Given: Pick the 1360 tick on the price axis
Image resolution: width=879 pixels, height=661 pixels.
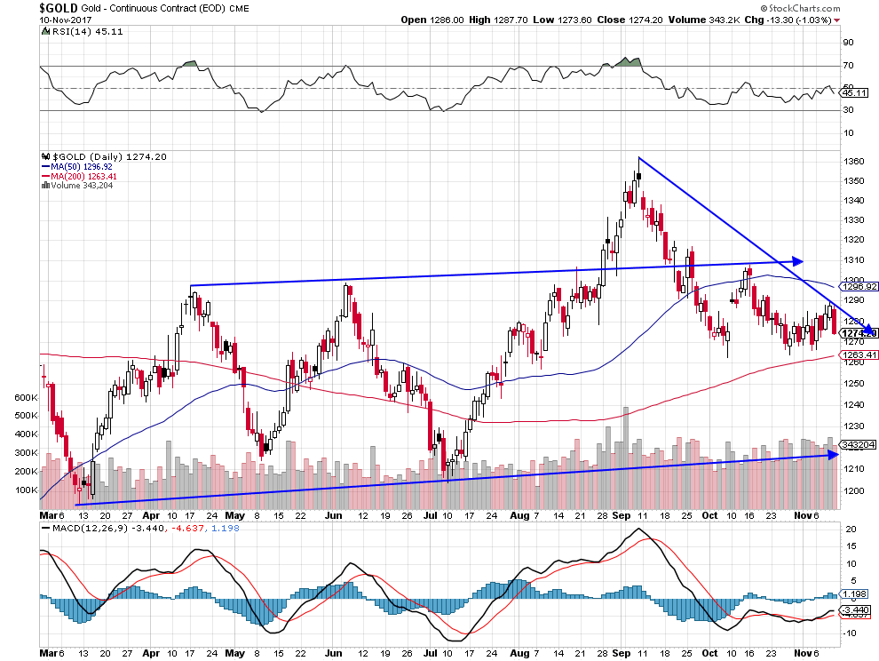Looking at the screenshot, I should [854, 162].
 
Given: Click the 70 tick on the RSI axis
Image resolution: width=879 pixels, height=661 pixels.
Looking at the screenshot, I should [848, 66].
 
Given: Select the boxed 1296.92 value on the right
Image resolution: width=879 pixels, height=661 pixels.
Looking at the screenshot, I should [855, 287].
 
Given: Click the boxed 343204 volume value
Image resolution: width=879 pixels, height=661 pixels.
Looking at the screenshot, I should [855, 443].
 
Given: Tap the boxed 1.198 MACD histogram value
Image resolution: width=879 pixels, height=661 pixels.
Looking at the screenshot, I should [855, 595].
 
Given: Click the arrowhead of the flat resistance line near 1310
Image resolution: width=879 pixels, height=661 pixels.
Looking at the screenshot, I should [798, 261].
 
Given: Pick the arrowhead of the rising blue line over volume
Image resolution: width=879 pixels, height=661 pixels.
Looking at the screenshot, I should [833, 454].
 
